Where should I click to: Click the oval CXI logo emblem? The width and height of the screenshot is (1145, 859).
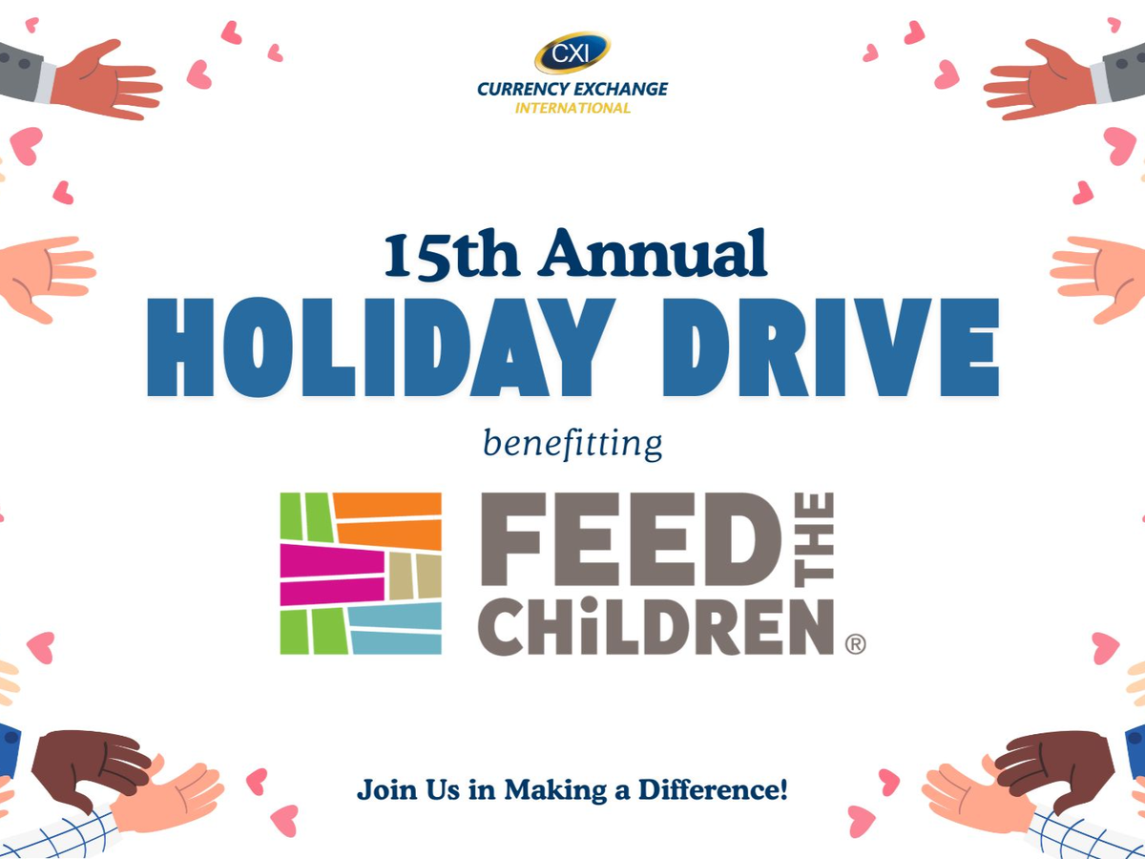pos(572,52)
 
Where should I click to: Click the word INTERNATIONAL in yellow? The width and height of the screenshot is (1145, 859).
pos(572,108)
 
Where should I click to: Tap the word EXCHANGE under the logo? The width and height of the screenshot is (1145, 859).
pos(620,89)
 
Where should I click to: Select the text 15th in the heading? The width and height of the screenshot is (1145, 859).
pos(451,254)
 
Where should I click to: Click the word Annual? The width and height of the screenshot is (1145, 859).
pos(652,252)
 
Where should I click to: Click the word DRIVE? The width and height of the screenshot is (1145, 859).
pos(831,347)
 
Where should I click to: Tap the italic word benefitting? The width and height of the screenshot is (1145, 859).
pos(572,445)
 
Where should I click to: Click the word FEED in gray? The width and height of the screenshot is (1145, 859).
pos(630,538)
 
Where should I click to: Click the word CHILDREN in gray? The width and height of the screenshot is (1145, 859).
pos(656,626)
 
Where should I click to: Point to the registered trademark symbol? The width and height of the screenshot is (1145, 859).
pos(856,643)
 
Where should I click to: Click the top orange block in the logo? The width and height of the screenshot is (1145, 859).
pos(387,505)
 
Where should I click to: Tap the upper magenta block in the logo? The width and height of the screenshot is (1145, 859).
pos(332,560)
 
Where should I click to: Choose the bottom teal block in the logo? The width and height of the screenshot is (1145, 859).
pos(396,642)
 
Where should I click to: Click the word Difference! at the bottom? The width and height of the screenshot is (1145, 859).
pos(713,789)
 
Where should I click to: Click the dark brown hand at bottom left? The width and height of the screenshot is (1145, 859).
pos(92,766)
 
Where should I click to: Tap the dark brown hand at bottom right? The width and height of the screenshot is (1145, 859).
pos(1054,766)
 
